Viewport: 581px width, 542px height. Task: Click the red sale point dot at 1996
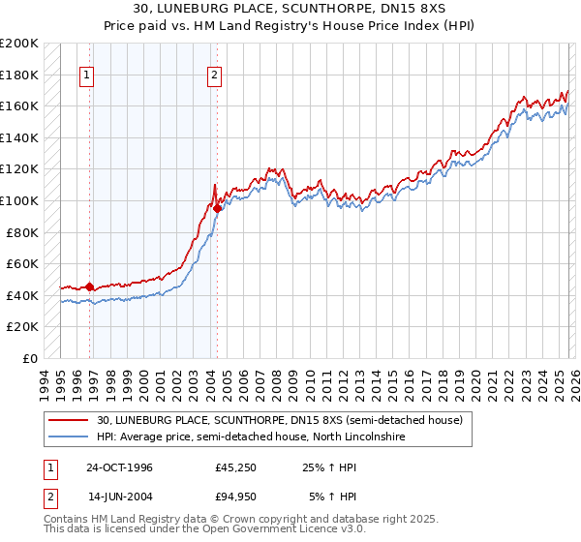tap(90, 286)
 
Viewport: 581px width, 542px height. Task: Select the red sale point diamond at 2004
tap(218, 208)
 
